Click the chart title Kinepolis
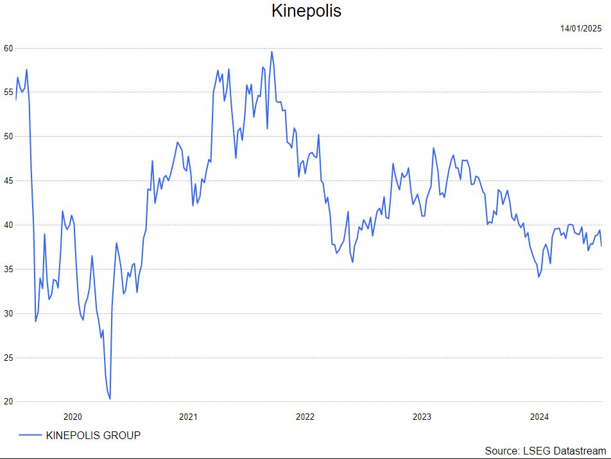point(306,11)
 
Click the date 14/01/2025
point(580,28)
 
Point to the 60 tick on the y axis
point(8,48)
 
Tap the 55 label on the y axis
point(8,92)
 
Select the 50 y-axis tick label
point(8,137)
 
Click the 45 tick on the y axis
point(8,181)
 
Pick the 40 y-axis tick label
point(8,225)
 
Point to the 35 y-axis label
point(8,269)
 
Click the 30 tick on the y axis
point(8,313)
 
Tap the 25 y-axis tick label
point(8,358)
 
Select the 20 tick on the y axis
point(8,402)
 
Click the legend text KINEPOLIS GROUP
point(93,435)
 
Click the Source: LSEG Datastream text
point(545,451)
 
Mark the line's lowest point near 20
point(110,399)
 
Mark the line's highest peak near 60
point(271,52)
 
